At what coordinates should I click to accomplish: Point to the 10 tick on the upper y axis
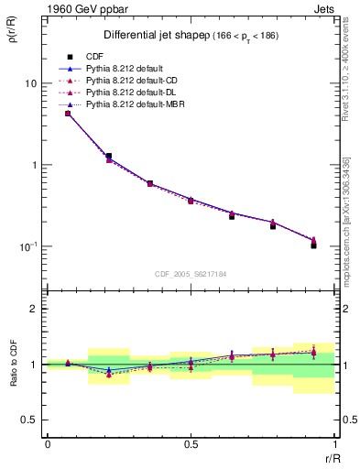(x=30, y=83)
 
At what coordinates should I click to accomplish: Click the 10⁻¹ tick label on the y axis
(x=27, y=247)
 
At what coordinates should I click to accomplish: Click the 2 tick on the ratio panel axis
(x=35, y=309)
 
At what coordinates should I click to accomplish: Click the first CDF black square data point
(x=68, y=114)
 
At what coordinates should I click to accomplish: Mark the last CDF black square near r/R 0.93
(x=313, y=245)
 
